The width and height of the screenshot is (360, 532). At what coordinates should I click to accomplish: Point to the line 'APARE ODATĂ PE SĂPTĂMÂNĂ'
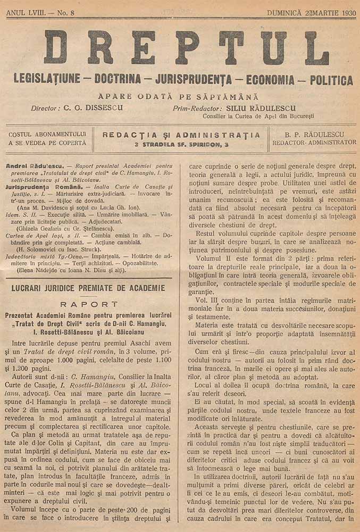(178, 97)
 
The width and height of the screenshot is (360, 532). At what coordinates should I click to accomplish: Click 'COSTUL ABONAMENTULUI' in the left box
(47, 134)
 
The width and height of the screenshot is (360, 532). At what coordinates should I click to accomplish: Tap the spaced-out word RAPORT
(88, 304)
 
